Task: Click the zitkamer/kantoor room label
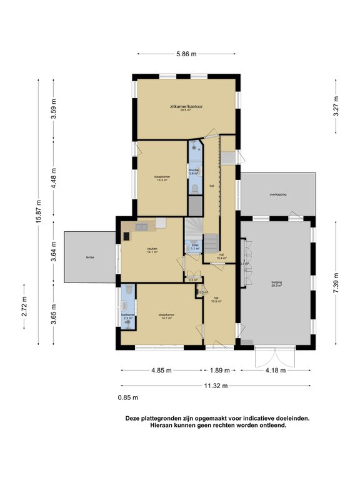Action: point(186,107)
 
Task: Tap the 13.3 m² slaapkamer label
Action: point(162,178)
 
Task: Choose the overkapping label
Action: point(277,195)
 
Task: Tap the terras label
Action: point(91,257)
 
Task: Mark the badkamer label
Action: point(127,316)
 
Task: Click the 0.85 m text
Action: point(127,397)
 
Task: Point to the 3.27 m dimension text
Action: point(337,106)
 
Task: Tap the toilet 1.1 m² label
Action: point(195,246)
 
